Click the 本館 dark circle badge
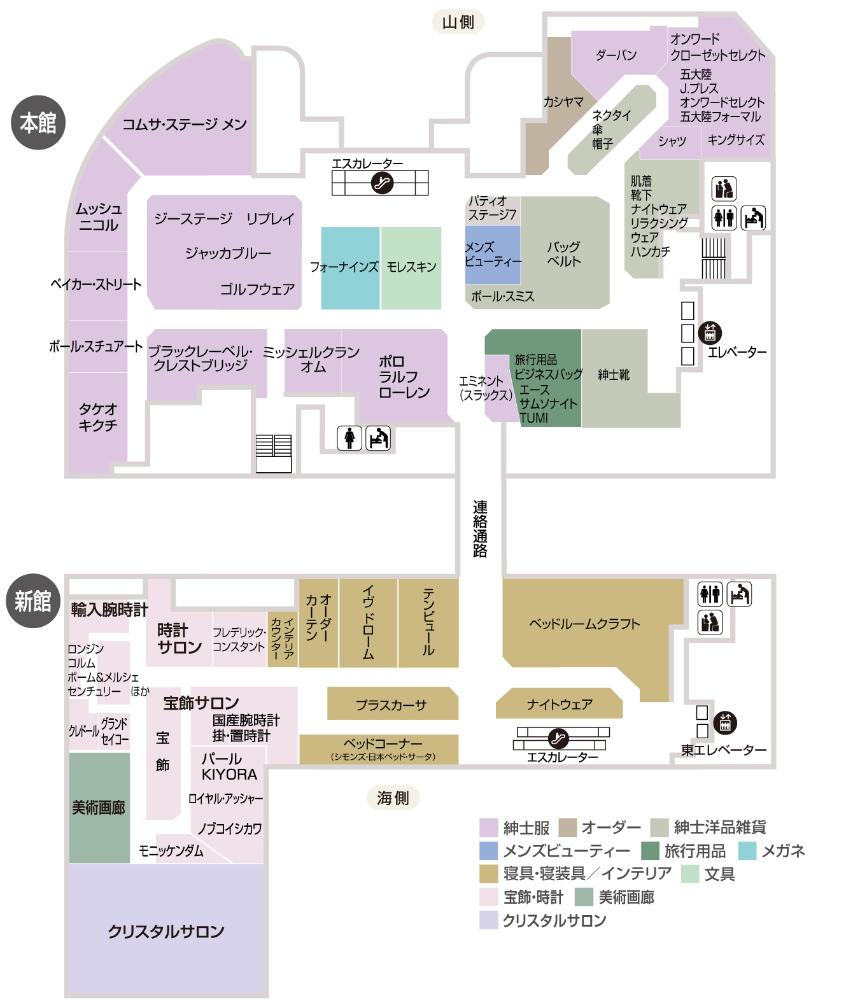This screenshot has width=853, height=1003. tap(38, 123)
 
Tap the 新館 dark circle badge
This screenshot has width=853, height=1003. tap(33, 601)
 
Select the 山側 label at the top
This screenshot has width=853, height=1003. tap(458, 22)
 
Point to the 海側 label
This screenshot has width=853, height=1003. tap(393, 797)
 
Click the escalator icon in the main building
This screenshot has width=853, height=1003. tap(382, 183)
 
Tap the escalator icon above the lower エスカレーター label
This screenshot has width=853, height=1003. tap(558, 738)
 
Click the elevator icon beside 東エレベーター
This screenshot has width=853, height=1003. tap(725, 723)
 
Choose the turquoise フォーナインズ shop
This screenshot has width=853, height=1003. tap(350, 269)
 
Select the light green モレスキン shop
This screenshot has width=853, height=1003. tap(411, 269)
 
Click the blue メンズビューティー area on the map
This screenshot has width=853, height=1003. tap(492, 255)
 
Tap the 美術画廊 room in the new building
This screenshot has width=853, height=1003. tap(99, 808)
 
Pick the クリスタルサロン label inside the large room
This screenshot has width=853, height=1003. tap(166, 931)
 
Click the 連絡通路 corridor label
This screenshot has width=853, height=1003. tap(480, 528)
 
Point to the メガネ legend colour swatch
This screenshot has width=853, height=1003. tap(747, 851)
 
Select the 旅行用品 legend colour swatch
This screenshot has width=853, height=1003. tap(650, 851)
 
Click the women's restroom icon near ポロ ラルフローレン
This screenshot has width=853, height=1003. tap(349, 438)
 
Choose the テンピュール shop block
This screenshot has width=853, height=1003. tap(428, 623)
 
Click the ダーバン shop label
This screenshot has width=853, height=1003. tap(616, 55)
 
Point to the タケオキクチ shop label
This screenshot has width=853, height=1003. tap(98, 417)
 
